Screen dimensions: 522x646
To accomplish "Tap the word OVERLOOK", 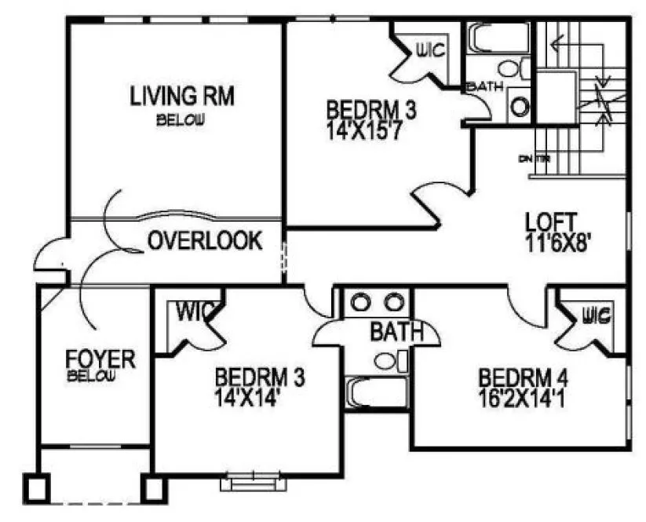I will [x=206, y=241].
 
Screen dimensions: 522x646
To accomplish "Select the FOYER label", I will [x=100, y=360].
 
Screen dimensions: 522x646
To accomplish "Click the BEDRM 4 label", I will [x=523, y=377].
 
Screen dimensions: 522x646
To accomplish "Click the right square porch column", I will [x=153, y=488].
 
